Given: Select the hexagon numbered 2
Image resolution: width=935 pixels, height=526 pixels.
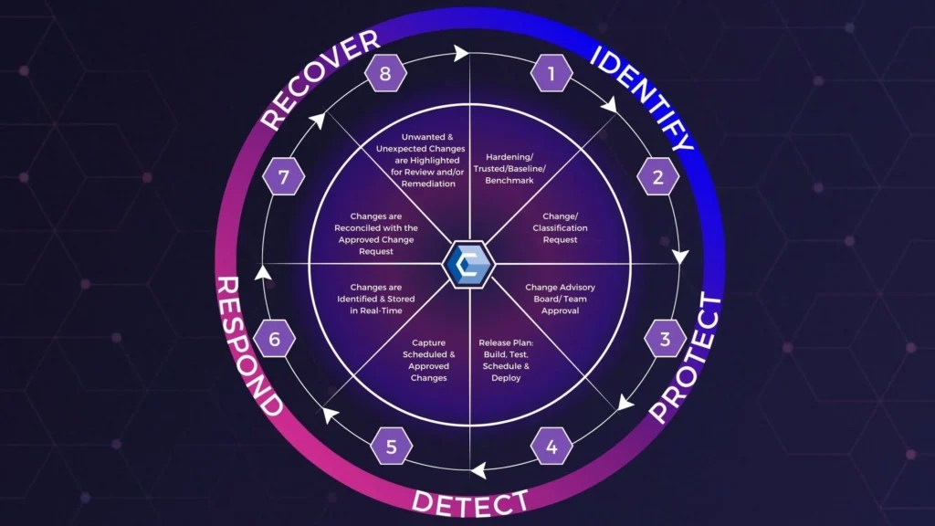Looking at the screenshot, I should pos(658,177).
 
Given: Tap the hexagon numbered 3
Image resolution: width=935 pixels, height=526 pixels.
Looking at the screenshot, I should pos(665,341).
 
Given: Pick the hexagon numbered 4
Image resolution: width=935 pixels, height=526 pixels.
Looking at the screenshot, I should pos(552,447).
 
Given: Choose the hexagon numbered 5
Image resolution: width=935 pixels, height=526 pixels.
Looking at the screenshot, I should pos(392,447).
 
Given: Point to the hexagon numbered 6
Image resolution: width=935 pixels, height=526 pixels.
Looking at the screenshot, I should pos(275,341).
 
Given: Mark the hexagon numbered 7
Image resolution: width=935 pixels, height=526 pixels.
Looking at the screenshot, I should pos(283,177).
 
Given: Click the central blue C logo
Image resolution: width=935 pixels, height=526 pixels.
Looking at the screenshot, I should pos(467,264).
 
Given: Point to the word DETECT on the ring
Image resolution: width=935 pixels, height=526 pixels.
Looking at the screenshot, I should pos(469,501).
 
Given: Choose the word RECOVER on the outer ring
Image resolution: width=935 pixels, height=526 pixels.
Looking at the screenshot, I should pos(320,79).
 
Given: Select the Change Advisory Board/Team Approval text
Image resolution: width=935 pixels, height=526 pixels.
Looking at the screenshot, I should pos(560,299).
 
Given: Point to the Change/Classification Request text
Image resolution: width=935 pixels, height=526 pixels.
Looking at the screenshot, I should pos(560,228).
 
